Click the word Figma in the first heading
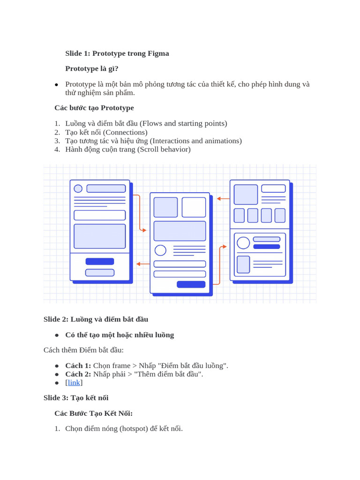158,53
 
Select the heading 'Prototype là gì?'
92,69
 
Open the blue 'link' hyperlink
74,382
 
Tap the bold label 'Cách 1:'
78,366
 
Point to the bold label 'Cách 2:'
78,374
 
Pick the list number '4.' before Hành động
57,150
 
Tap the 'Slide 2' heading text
56,319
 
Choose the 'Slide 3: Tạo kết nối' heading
76,398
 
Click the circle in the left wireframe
78,188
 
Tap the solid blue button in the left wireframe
99,262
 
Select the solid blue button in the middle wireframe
191,284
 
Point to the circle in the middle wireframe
160,250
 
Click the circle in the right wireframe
243,243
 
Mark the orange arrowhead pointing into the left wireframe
138,264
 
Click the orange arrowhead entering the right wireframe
225,247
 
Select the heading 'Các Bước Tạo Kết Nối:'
93,413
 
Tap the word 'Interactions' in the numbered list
171,141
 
